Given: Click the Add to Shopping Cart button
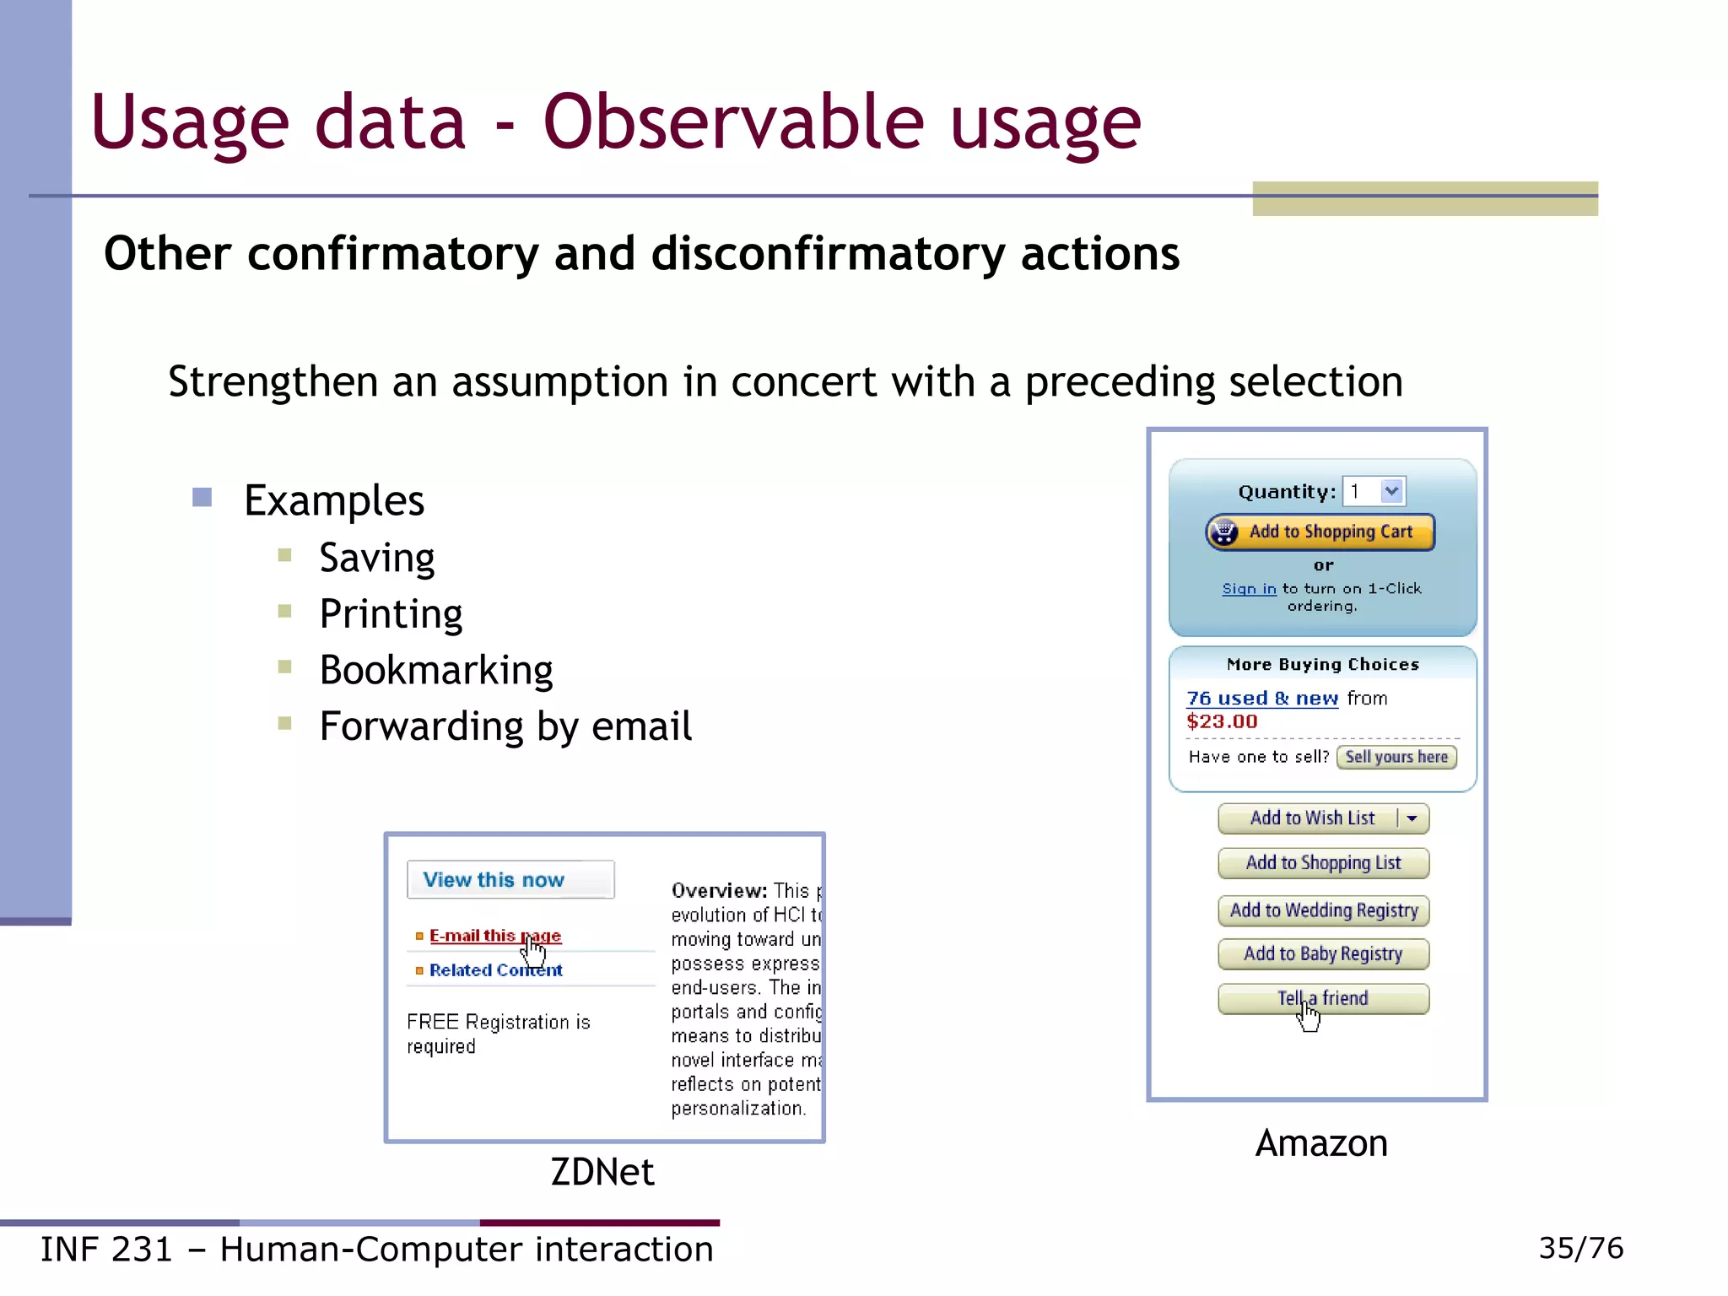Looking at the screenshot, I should pyautogui.click(x=1320, y=532).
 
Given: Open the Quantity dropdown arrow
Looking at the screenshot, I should pyautogui.click(x=1391, y=491).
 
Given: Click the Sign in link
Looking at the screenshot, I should pyautogui.click(x=1249, y=589).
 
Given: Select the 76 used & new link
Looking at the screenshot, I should pyautogui.click(x=1261, y=699).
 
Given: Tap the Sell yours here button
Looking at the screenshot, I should pyautogui.click(x=1396, y=757).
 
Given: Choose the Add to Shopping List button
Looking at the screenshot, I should pyautogui.click(x=1323, y=863).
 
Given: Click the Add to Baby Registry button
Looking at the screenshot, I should pyautogui.click(x=1323, y=954).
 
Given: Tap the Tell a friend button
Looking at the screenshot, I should pyautogui.click(x=1323, y=999).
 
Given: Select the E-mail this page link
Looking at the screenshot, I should pyautogui.click(x=494, y=936).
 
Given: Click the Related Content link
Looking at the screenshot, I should pyautogui.click(x=495, y=970).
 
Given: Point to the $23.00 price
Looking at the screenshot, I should pyautogui.click(x=1222, y=722).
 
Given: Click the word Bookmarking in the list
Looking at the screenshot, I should pyautogui.click(x=436, y=671).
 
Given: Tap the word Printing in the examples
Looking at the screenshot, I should pyautogui.click(x=391, y=614).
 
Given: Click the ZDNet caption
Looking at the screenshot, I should pyautogui.click(x=602, y=1172).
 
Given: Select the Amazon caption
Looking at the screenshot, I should pyautogui.click(x=1321, y=1144).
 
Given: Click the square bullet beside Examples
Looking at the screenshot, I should pyautogui.click(x=202, y=497).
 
